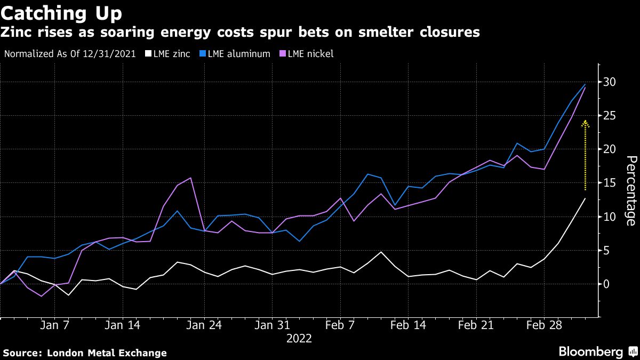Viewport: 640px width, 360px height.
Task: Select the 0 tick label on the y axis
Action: point(607,284)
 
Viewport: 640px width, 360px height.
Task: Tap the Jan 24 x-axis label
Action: point(204,325)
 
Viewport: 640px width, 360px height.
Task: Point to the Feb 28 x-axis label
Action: point(544,325)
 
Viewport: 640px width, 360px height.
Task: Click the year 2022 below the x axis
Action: point(299,339)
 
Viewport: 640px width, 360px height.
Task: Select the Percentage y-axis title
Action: point(631,190)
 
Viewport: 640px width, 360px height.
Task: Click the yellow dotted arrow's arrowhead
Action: point(585,123)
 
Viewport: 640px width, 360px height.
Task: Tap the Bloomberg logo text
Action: point(590,352)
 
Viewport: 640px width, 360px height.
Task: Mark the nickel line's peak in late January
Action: point(190,178)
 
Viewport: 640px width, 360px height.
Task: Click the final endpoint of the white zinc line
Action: point(585,198)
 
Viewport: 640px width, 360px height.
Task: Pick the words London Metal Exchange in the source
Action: point(107,353)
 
